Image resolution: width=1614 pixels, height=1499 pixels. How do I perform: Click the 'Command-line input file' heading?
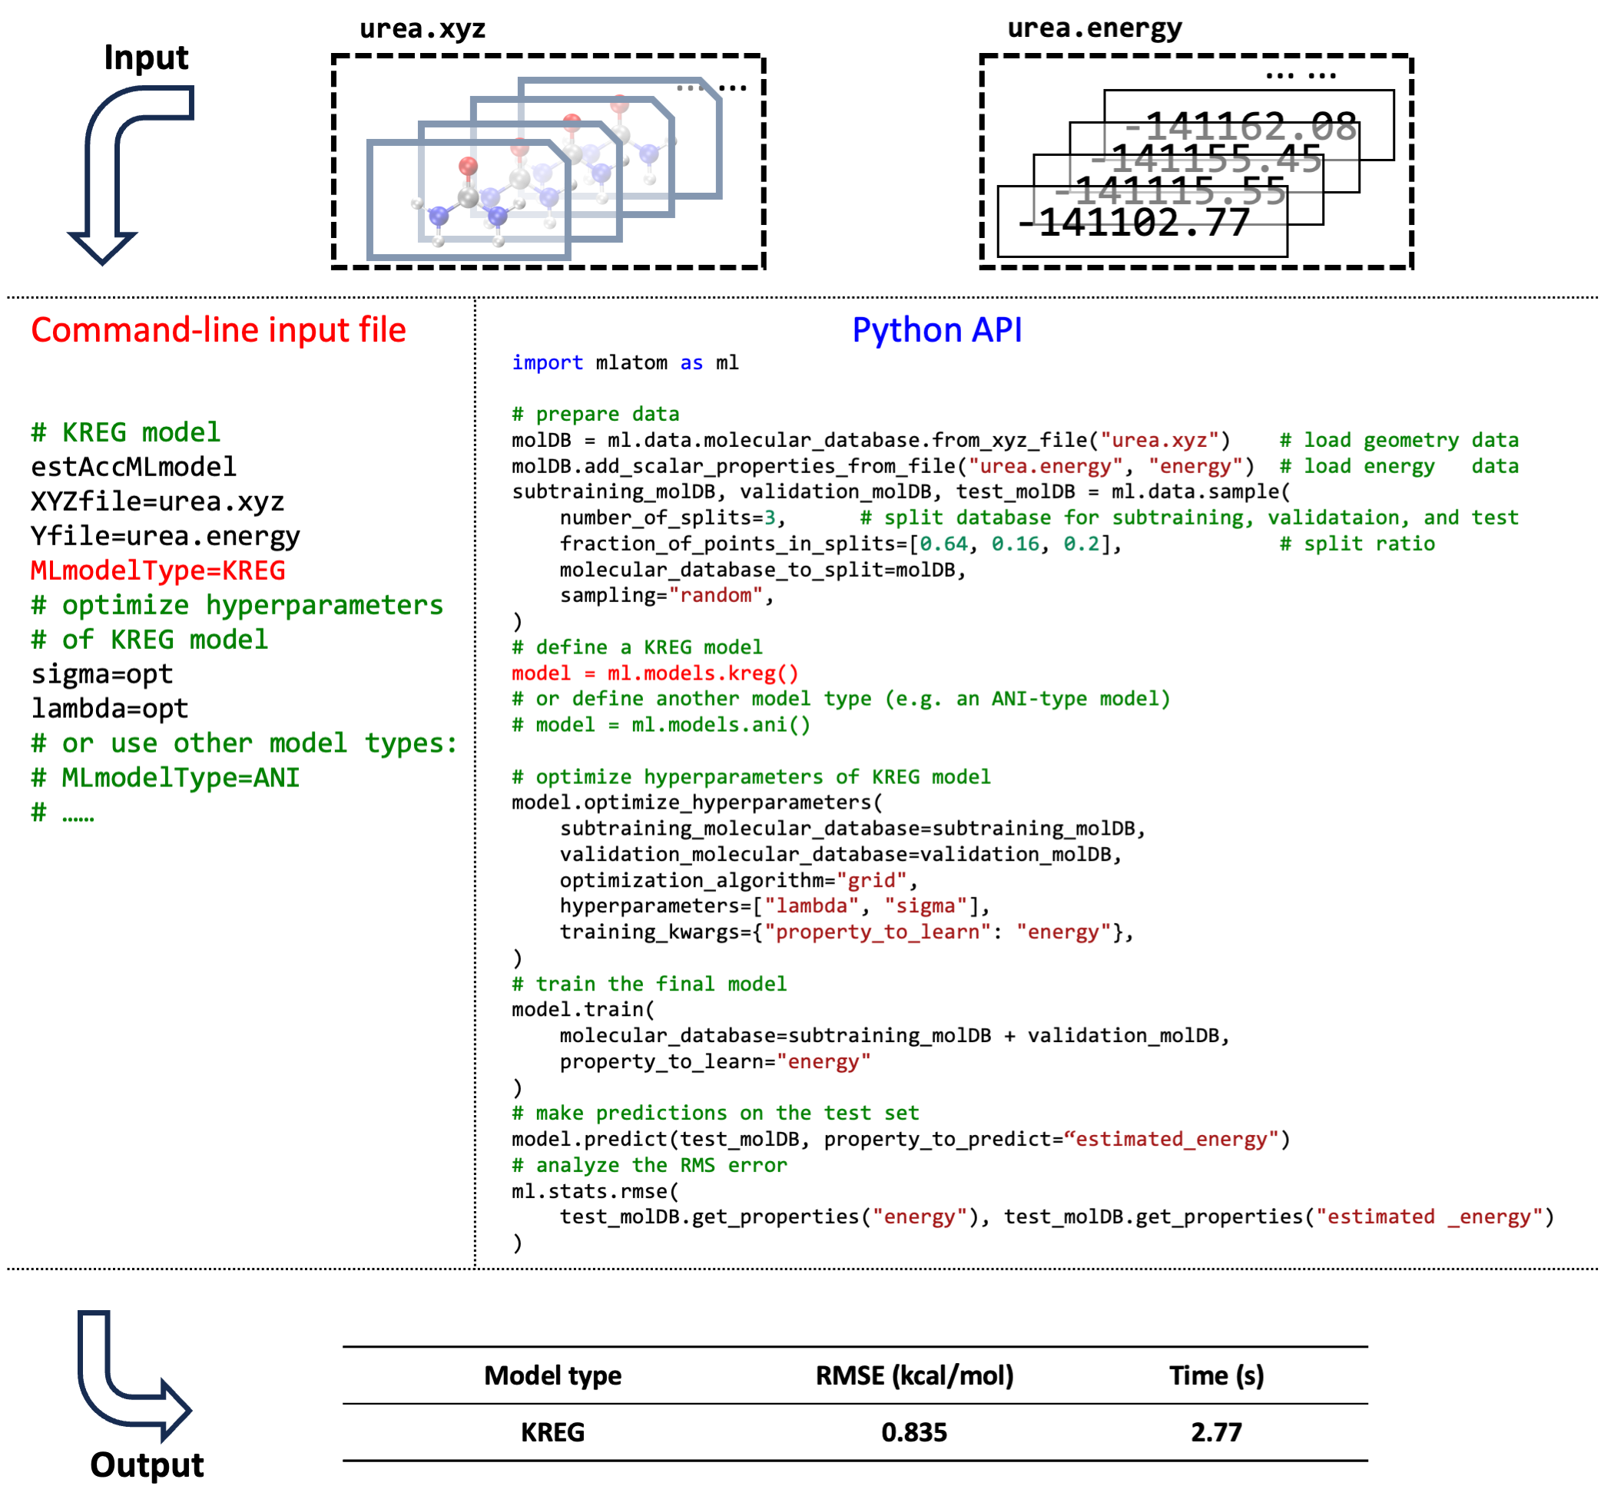(x=218, y=330)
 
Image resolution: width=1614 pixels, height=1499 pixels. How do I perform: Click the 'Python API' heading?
(x=936, y=330)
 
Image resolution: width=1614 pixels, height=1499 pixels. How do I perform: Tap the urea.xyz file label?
(x=422, y=28)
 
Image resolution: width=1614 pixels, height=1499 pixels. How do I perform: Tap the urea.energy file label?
(x=1094, y=28)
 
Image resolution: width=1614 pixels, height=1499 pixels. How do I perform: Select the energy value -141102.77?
(x=1135, y=223)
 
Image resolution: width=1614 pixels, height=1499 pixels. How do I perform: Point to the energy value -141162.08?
(x=1241, y=126)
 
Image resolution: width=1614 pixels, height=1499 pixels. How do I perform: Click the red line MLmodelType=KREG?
(x=158, y=571)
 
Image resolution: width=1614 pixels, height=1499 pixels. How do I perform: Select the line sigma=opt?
(x=102, y=674)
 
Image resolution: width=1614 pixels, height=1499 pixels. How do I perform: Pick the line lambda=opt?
(x=110, y=709)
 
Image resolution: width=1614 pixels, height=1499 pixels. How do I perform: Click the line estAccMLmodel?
(x=134, y=467)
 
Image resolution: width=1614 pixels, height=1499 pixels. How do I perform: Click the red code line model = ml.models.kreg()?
(x=655, y=673)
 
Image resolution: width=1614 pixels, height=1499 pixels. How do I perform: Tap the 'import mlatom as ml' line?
(x=625, y=362)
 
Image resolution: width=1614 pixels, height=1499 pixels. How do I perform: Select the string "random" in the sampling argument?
(x=716, y=595)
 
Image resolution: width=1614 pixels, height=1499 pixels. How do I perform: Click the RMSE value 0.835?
(x=913, y=1432)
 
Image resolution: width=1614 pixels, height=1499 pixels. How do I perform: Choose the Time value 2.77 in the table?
(x=1215, y=1432)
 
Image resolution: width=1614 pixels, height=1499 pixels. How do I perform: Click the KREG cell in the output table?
(x=552, y=1432)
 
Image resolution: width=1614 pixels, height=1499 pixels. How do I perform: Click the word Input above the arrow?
(x=146, y=58)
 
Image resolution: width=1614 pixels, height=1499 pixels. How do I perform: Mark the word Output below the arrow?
(x=147, y=1465)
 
